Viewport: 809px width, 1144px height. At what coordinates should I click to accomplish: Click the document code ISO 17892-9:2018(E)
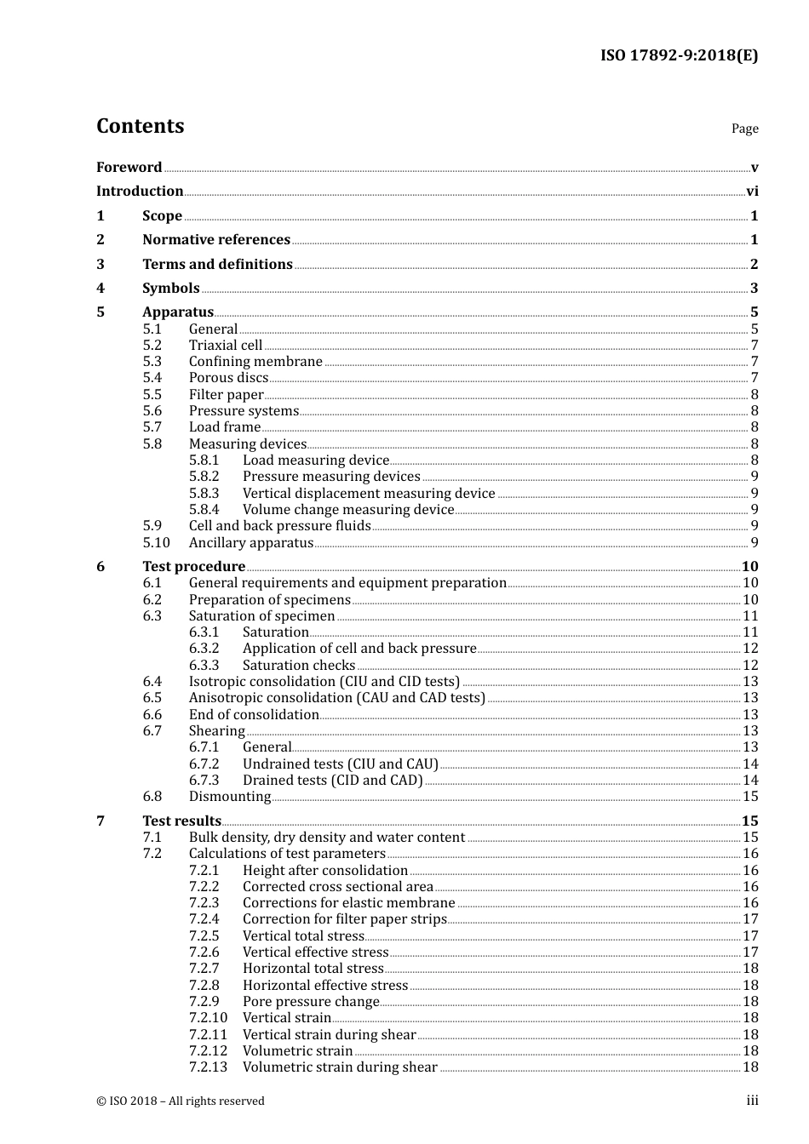click(679, 55)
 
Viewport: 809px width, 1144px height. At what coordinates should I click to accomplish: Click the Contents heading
click(140, 126)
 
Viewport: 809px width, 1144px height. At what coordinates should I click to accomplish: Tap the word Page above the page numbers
click(744, 129)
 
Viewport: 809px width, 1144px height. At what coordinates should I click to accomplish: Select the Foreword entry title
click(129, 167)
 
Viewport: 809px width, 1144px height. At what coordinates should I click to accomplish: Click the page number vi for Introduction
click(752, 192)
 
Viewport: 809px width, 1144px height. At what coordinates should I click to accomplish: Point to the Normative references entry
click(216, 240)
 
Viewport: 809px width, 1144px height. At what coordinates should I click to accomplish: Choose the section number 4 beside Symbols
click(100, 289)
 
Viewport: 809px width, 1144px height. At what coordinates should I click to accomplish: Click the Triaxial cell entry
click(226, 346)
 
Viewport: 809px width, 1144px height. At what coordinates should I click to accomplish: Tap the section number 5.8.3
click(204, 494)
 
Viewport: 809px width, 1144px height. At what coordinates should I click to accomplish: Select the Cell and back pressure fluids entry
click(279, 526)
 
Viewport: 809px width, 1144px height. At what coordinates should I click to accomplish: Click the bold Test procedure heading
click(193, 567)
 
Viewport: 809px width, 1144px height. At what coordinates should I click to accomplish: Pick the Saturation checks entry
click(299, 666)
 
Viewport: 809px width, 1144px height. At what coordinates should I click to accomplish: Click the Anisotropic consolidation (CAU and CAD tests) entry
click(336, 698)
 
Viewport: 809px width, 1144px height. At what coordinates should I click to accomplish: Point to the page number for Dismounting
click(750, 797)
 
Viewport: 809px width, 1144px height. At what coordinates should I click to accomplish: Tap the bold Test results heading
click(181, 821)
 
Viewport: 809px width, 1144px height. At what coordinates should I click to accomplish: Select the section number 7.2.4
click(204, 919)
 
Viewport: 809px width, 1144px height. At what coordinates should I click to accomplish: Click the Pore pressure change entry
click(311, 1002)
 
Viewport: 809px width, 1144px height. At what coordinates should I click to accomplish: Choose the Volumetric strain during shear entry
click(340, 1067)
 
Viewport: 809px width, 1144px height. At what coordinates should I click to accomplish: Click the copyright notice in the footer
click(181, 1101)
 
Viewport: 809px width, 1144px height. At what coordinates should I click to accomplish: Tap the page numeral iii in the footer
click(752, 1101)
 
